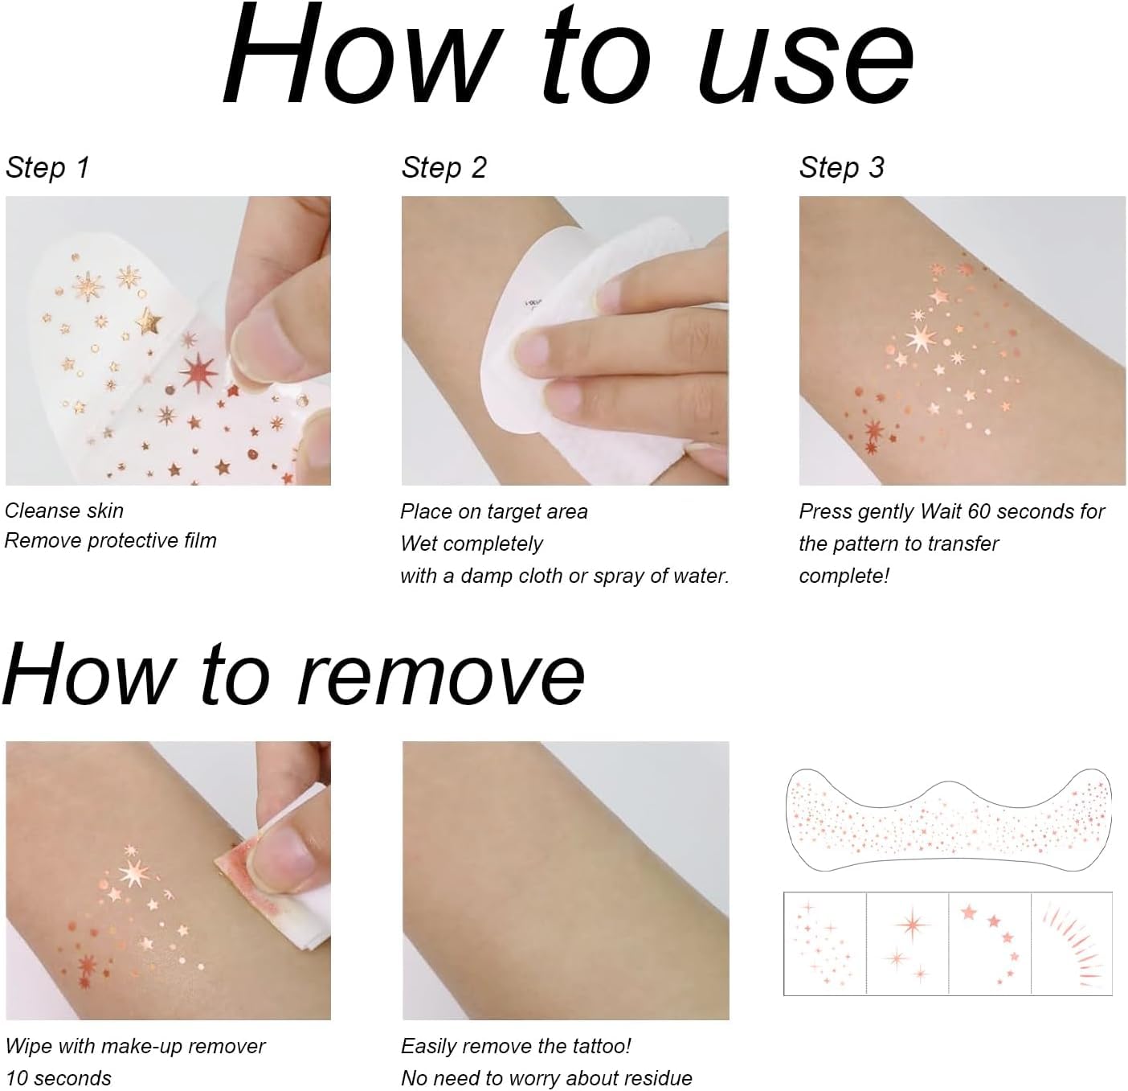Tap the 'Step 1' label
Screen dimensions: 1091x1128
click(x=47, y=167)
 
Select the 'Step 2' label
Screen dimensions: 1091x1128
click(x=443, y=167)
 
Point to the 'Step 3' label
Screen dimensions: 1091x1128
click(x=840, y=167)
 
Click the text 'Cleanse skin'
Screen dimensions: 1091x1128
click(x=64, y=511)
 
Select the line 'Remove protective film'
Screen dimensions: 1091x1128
click(x=111, y=540)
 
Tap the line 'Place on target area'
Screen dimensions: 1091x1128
click(x=493, y=511)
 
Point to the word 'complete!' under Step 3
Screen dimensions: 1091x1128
click(x=844, y=576)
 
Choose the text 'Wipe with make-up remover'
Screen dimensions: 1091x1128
click(x=135, y=1046)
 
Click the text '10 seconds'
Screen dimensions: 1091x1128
click(x=59, y=1078)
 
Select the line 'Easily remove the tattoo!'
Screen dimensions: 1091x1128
click(x=516, y=1046)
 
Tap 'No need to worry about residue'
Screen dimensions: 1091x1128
click(x=546, y=1078)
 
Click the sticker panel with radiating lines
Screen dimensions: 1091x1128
click(x=1071, y=941)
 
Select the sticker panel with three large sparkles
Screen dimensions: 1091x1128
click(x=907, y=941)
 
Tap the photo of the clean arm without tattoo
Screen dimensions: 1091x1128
click(x=566, y=880)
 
